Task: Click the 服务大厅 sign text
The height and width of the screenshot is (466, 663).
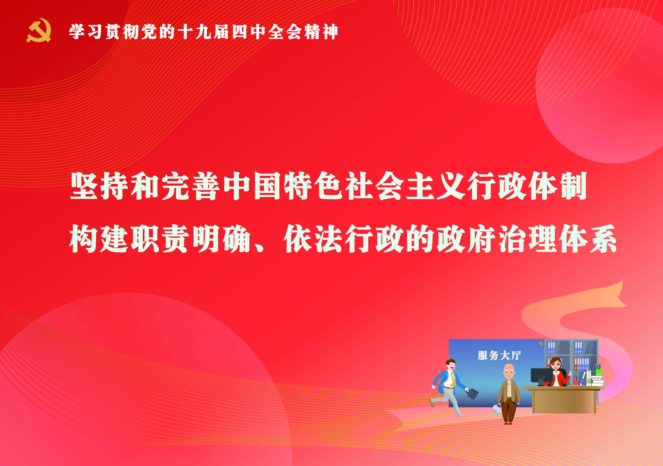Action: [499, 356]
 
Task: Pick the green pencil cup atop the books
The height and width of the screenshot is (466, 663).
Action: [598, 372]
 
